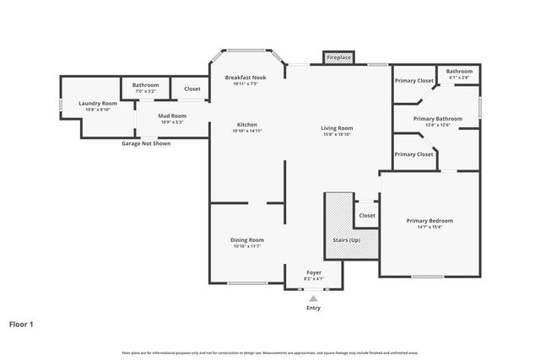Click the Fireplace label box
339,58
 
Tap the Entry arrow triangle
313,298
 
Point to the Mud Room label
172,116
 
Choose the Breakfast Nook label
247,78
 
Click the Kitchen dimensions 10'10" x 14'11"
247,132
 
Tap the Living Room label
337,128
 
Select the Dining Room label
247,239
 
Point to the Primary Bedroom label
429,221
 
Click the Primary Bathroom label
438,119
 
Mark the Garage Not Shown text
146,143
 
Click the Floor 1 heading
21,323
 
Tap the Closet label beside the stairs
367,215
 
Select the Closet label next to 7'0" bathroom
192,88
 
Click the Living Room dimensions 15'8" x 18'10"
337,135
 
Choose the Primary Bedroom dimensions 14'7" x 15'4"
429,227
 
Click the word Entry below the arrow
313,308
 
